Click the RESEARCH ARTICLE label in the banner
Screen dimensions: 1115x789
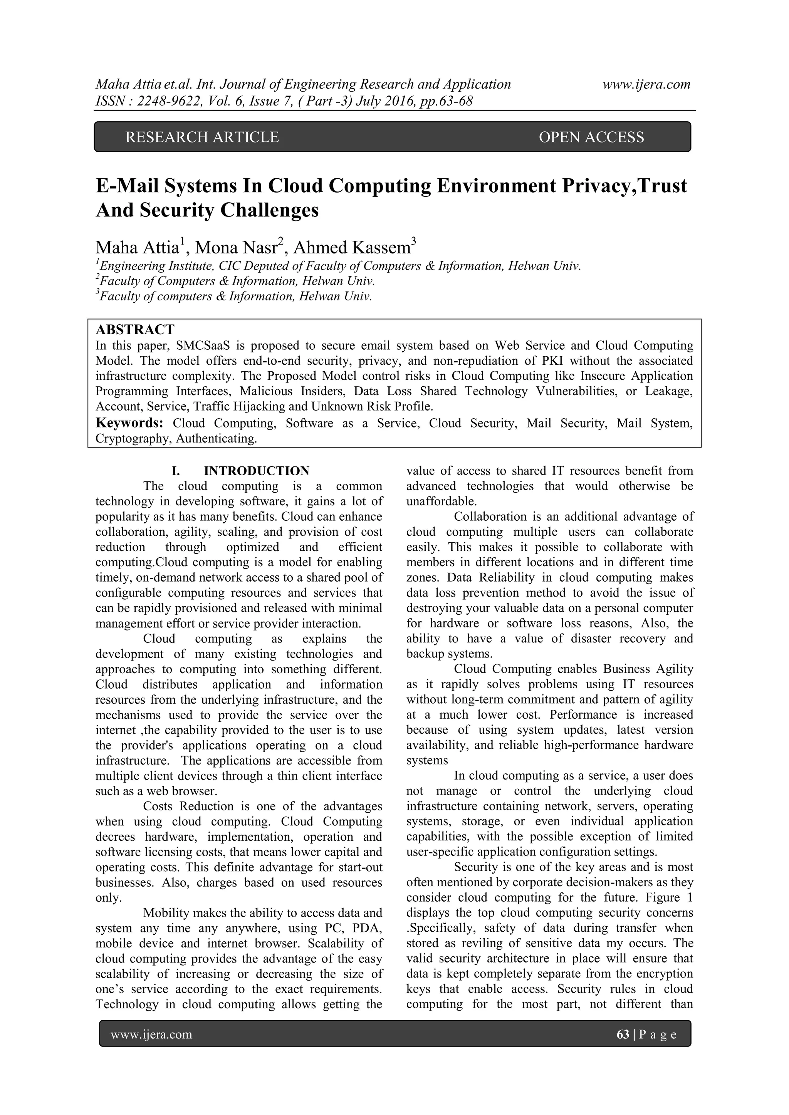[202, 137]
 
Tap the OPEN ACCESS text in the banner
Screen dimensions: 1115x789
[591, 137]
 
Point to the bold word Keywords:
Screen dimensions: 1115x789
[129, 423]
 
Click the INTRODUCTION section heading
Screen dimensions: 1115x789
[256, 471]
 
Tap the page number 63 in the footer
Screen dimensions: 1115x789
[622, 1035]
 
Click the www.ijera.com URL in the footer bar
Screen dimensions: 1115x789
[151, 1035]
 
